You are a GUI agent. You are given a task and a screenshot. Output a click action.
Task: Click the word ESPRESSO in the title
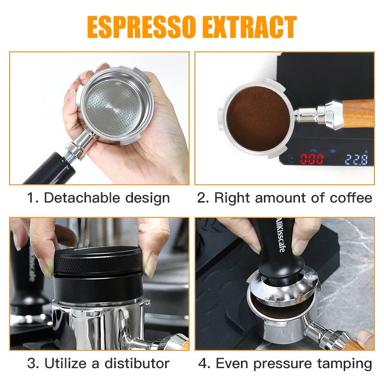click(142, 27)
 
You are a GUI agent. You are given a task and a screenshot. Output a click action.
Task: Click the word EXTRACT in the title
click(250, 27)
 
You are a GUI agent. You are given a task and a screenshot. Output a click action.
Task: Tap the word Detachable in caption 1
click(82, 198)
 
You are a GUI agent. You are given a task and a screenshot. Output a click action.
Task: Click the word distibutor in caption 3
click(137, 363)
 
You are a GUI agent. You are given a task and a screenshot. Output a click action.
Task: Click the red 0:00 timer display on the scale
click(312, 159)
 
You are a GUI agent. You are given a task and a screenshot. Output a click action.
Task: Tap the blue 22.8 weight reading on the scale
click(356, 159)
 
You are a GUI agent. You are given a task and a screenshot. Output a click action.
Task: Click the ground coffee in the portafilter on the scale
click(258, 119)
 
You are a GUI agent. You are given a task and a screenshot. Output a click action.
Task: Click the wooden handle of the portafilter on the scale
click(358, 113)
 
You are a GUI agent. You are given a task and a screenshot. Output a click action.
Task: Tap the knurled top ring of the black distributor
click(98, 261)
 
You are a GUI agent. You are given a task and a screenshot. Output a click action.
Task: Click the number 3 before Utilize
click(31, 363)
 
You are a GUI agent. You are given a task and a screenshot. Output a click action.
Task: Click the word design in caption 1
click(147, 198)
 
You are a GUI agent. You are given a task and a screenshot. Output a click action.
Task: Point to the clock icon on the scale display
click(291, 158)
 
